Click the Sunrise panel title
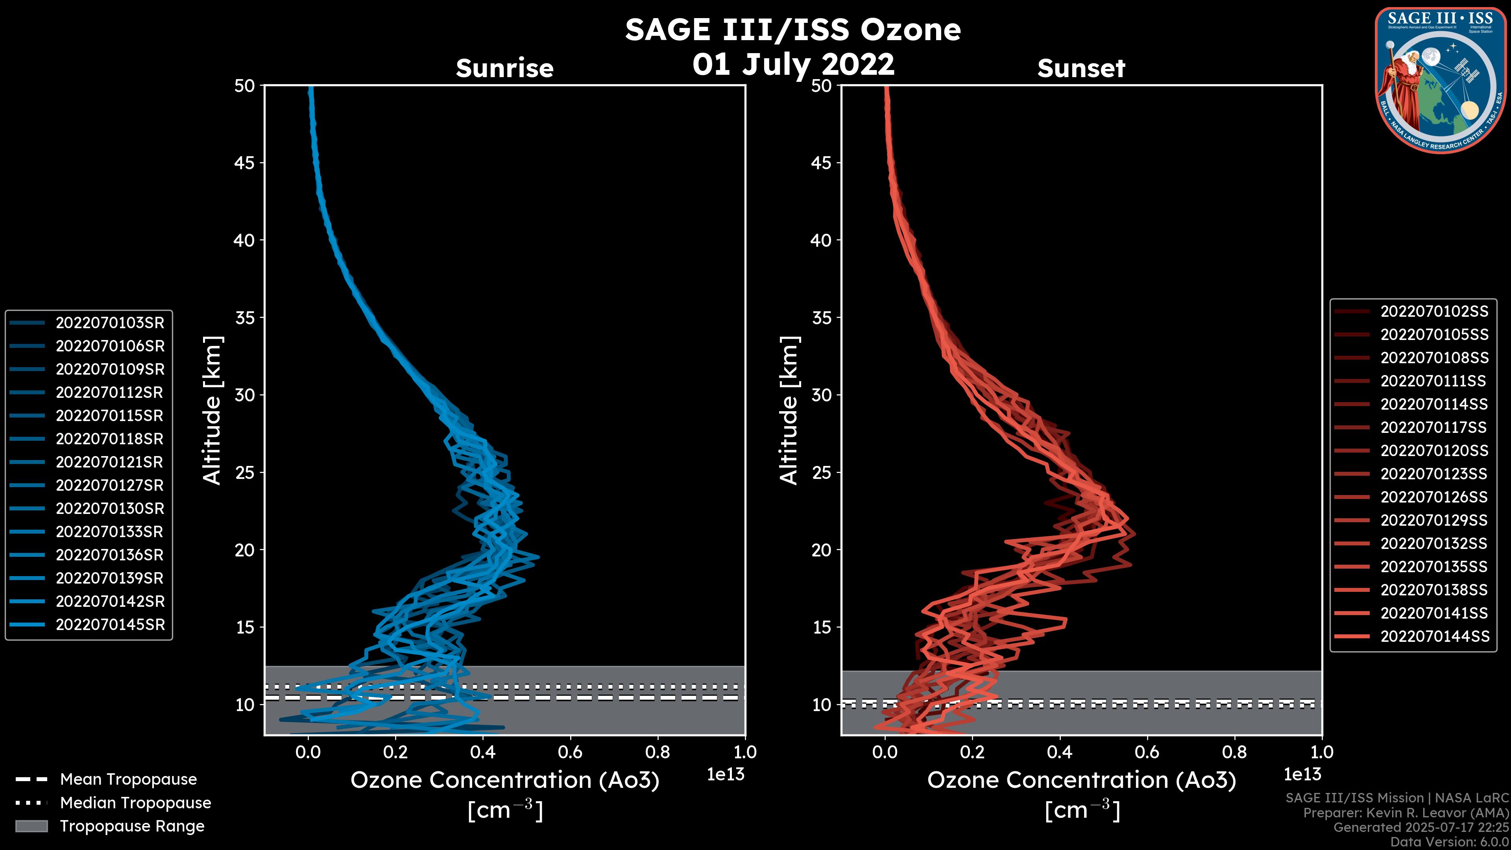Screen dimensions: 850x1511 [504, 68]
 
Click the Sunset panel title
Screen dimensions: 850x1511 [1081, 68]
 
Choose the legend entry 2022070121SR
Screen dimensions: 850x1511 [109, 462]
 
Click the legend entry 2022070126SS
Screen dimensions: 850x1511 [1433, 497]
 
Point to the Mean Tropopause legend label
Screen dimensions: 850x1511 [128, 779]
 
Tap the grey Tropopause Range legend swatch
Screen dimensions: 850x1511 [31, 826]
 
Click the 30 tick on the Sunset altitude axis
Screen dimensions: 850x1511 [822, 395]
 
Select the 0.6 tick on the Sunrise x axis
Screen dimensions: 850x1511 [570, 752]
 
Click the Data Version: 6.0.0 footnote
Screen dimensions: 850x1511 [1450, 842]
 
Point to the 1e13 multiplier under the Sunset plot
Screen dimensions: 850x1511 [1302, 774]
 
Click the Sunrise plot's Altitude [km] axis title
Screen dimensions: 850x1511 [212, 410]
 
